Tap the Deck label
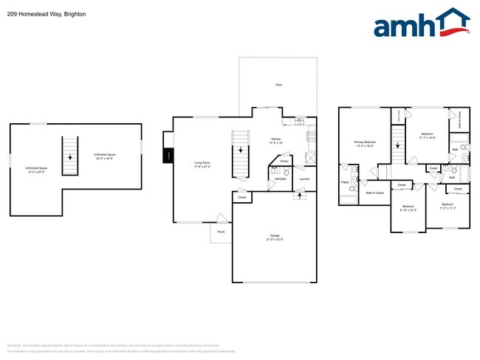[x=278, y=86]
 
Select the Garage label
[x=274, y=238]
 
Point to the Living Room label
[x=202, y=164]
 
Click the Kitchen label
[x=276, y=140]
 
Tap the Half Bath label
[x=281, y=179]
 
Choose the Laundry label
[x=304, y=179]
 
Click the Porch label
[x=220, y=232]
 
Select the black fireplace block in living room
[x=168, y=156]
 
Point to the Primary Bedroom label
[x=365, y=144]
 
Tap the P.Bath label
[x=345, y=182]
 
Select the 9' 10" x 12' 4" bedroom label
[x=408, y=209]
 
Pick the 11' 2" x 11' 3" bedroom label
[x=448, y=206]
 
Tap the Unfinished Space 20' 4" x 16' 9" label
[x=104, y=156]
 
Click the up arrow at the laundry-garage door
[x=299, y=196]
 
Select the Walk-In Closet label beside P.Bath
[x=374, y=193]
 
